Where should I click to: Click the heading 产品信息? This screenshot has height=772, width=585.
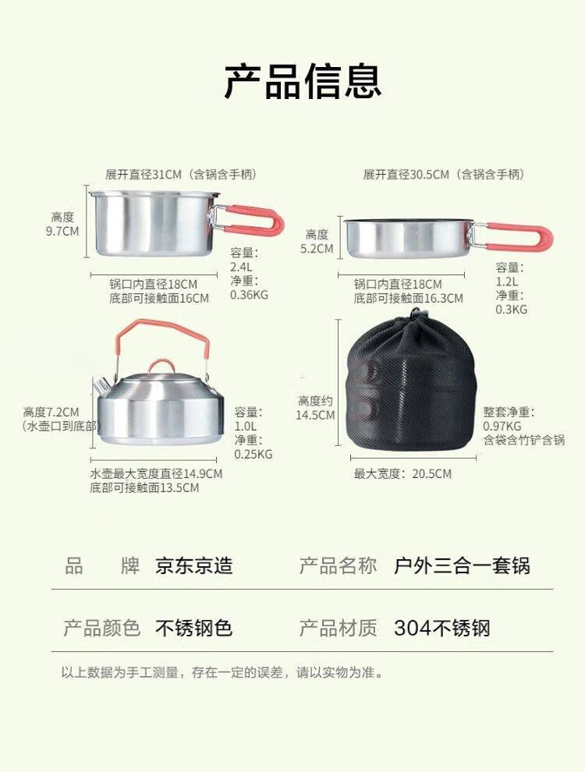point(303,81)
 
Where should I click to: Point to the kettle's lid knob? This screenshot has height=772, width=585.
point(160,367)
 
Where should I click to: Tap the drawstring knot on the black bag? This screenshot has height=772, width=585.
point(417,314)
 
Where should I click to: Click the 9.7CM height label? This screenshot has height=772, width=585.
point(62,231)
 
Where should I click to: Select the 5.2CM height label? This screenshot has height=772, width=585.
point(317,249)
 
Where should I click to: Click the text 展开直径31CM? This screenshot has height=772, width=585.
point(144,175)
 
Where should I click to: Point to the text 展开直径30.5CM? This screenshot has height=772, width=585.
point(406,175)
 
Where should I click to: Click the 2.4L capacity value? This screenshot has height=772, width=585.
point(241,267)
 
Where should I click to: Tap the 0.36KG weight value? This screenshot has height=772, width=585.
point(249,295)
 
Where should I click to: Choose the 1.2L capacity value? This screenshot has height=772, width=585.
point(507,282)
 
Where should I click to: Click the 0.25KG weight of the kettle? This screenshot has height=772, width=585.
point(253,455)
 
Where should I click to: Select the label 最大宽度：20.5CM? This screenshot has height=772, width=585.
point(402,474)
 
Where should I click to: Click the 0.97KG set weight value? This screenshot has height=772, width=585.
point(502,427)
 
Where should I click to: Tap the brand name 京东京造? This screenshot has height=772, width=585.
point(194,566)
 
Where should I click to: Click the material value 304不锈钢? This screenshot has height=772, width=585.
point(442,629)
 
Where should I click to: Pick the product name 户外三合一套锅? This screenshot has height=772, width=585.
point(462,566)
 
